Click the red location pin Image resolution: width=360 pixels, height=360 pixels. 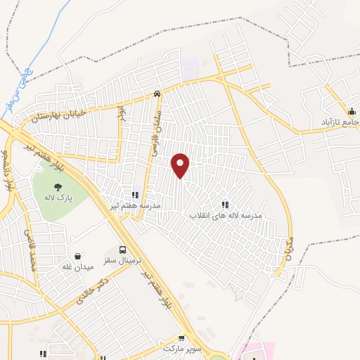point(181,165)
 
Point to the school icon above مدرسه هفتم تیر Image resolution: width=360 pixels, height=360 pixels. point(135,195)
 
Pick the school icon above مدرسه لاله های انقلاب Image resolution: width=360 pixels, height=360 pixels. point(225,205)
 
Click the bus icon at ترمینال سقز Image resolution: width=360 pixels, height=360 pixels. point(124,250)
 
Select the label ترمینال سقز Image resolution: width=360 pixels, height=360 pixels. point(124,260)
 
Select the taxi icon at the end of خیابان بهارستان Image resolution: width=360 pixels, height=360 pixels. point(157,94)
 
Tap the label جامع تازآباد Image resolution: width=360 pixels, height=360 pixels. point(340,122)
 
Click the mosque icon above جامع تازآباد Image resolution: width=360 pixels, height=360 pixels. point(351,111)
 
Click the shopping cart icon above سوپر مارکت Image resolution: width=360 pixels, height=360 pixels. point(183,339)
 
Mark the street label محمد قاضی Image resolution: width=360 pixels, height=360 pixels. point(30,250)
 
